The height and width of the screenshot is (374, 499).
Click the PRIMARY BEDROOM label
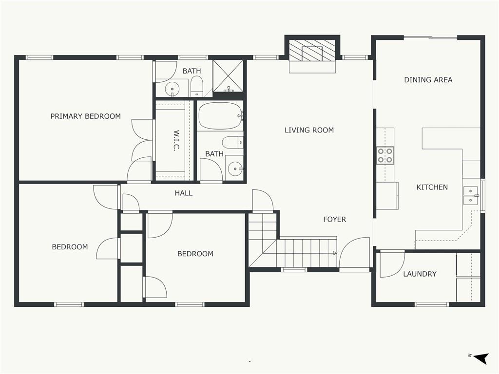[86, 116]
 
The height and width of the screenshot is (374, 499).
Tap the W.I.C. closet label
[176, 140]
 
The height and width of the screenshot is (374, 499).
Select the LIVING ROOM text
[309, 130]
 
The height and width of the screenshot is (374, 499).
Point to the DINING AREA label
[428, 80]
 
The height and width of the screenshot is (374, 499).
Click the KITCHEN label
[432, 187]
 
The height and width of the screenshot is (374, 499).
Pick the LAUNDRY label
[420, 274]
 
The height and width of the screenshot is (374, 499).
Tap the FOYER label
[334, 220]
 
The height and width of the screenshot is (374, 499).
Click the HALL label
[184, 193]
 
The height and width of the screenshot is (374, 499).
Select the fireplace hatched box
[312, 50]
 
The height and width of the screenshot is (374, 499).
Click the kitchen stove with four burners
[385, 155]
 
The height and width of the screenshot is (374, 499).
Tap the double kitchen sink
[471, 196]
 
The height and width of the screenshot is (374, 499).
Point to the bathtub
[221, 116]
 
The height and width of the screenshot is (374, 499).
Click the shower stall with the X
[228, 76]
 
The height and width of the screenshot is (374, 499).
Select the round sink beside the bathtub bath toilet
[235, 168]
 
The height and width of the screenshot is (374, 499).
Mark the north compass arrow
[481, 358]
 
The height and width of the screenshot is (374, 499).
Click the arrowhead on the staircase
[335, 253]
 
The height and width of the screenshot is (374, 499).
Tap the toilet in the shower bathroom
[197, 87]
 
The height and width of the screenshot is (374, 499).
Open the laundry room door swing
[392, 264]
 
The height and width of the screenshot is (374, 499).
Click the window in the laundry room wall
[432, 304]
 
